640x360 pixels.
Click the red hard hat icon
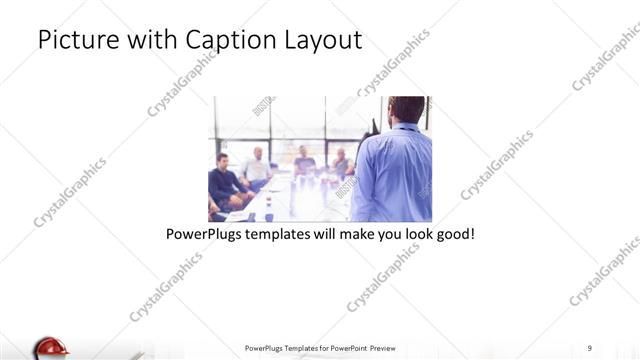point(49,348)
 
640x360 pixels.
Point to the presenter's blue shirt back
point(392,175)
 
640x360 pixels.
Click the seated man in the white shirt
point(257,169)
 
